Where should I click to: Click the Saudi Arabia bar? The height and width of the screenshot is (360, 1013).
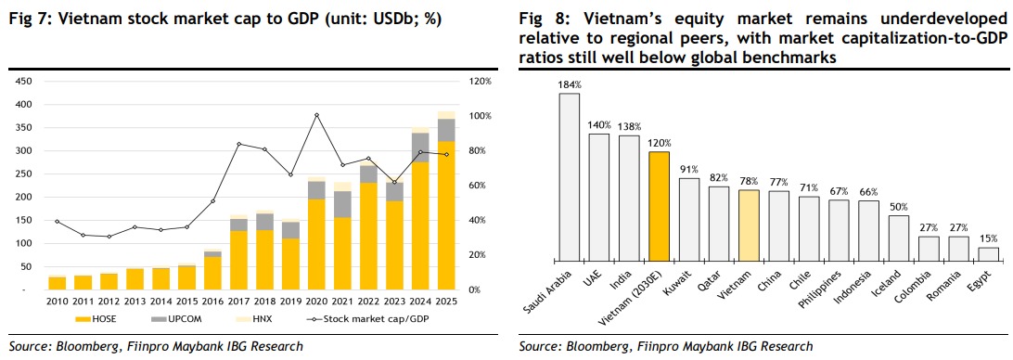coord(570,178)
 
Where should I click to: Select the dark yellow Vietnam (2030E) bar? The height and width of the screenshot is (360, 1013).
coord(659,208)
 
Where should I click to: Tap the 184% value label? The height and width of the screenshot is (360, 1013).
coord(570,84)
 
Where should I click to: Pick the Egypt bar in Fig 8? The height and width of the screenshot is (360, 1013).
coord(989,255)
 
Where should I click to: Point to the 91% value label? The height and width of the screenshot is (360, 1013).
coord(688,170)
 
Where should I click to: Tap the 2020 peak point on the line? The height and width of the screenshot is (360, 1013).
coord(316,115)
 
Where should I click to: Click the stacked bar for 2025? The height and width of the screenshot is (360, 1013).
coord(446,200)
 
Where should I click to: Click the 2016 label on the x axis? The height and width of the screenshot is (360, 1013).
coord(212,302)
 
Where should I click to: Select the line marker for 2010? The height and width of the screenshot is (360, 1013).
coord(58,222)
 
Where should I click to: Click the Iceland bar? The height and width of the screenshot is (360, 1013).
coord(899,239)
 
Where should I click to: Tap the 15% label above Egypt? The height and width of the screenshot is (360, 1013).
coord(989,238)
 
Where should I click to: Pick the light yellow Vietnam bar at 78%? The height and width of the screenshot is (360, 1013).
coord(749,227)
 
